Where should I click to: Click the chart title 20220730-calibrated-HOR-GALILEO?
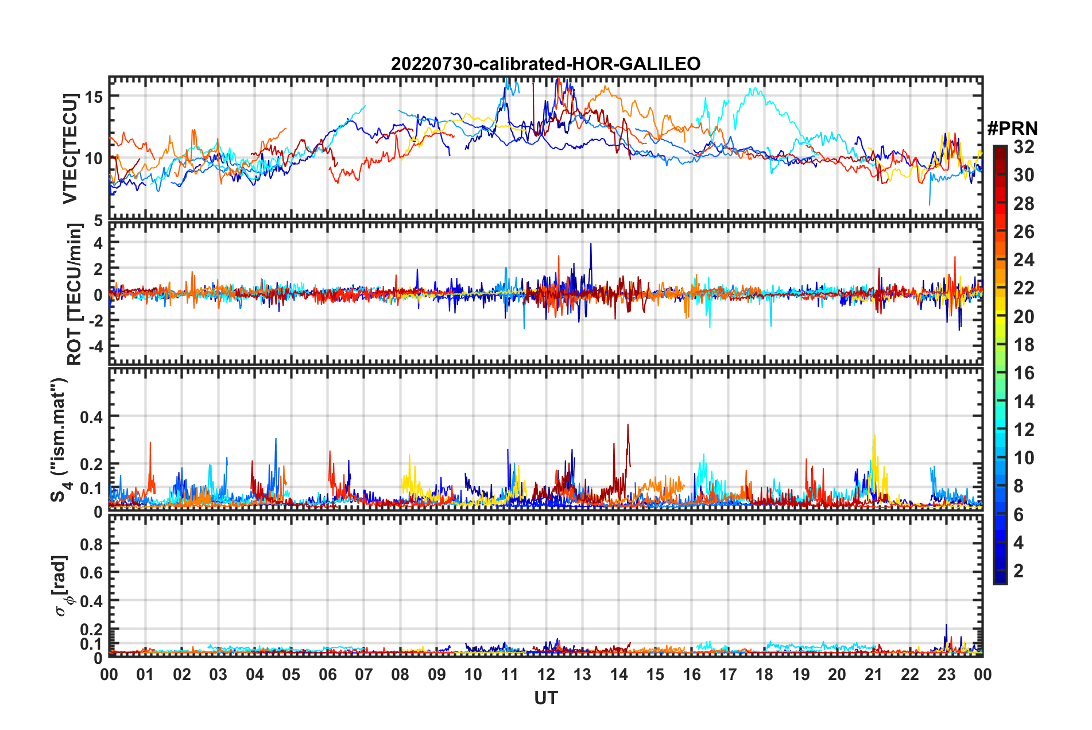point(545,64)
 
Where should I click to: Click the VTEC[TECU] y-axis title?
point(70,149)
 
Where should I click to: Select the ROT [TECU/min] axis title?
point(74,294)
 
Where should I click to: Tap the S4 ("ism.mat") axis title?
point(60,440)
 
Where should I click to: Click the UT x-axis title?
point(545,698)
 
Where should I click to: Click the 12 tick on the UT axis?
point(545,674)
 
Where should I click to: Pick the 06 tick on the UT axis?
point(327,674)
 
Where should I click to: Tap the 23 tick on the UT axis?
point(946,674)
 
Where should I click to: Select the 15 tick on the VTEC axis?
point(94,96)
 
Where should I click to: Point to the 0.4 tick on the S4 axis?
point(91,417)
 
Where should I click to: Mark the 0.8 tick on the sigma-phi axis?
point(91,544)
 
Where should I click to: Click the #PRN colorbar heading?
point(1012,129)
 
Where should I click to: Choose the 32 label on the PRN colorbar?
point(1024,147)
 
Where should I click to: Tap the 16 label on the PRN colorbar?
point(1024,373)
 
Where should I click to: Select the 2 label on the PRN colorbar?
point(1019,571)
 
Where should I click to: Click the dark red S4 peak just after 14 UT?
point(628,425)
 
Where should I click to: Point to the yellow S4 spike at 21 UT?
point(874,436)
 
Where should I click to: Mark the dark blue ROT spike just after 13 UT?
point(591,244)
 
